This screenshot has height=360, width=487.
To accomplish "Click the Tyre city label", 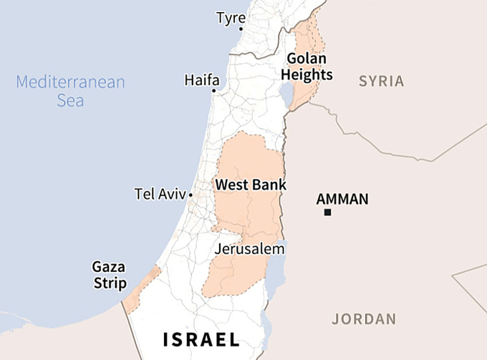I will (x=231, y=17).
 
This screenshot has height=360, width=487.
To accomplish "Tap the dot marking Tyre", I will (x=241, y=29).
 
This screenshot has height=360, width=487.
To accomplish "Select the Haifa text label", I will (x=202, y=79).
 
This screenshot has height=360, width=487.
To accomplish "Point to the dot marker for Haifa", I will (x=213, y=90).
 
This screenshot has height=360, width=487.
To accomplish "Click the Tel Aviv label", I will (x=160, y=194).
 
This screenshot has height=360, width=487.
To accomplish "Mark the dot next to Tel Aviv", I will (x=191, y=195).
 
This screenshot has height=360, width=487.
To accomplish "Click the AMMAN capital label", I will (x=342, y=199).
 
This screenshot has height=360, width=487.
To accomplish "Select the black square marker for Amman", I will (x=327, y=213).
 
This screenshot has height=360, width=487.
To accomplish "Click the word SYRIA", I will (x=381, y=81).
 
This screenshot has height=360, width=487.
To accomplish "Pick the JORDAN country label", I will (x=364, y=319).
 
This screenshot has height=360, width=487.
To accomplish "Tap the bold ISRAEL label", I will (x=201, y=339).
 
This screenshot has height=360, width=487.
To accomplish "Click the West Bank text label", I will (x=251, y=185).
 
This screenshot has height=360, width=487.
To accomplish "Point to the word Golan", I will (x=307, y=59).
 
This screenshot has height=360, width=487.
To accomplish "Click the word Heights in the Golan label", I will (x=307, y=75).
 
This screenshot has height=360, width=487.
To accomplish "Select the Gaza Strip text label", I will (x=109, y=275).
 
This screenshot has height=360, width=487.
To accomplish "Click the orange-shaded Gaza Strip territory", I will (x=141, y=291).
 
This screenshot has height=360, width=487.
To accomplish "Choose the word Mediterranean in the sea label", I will (x=70, y=82).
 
